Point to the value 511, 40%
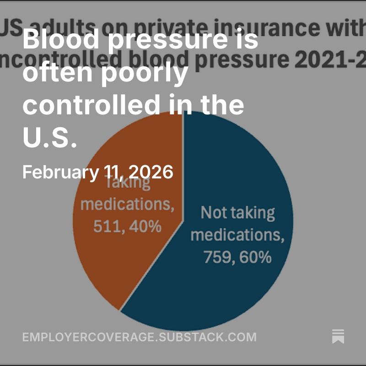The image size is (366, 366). click(x=127, y=226)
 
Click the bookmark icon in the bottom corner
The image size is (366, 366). click(x=338, y=336)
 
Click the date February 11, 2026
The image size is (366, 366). click(x=97, y=172)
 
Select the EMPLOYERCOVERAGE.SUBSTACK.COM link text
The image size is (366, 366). click(x=139, y=338)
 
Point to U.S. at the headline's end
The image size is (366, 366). click(x=49, y=138)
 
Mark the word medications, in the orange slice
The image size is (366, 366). click(x=127, y=205)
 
